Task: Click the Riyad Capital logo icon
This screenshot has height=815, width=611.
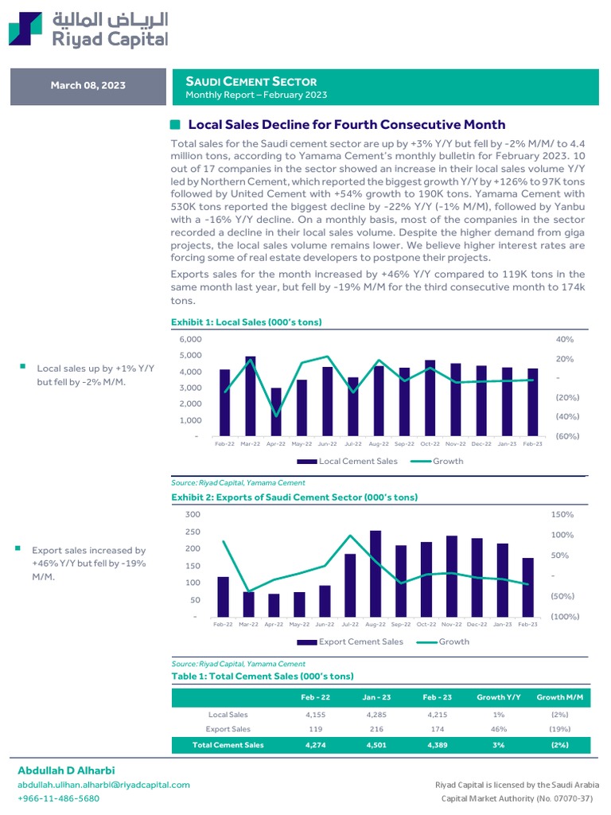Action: pyautogui.click(x=25, y=29)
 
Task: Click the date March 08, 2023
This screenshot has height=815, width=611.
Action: pyautogui.click(x=88, y=86)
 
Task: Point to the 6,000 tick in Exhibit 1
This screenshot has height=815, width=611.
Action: pyautogui.click(x=191, y=339)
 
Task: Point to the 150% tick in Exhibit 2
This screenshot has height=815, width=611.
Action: pyautogui.click(x=562, y=515)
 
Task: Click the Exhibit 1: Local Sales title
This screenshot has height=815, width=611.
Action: pyautogui.click(x=246, y=322)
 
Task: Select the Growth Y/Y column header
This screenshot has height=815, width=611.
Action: pyautogui.click(x=499, y=698)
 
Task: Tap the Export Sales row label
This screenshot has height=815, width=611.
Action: pyautogui.click(x=228, y=729)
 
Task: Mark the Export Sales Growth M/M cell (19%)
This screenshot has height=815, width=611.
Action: pyautogui.click(x=560, y=729)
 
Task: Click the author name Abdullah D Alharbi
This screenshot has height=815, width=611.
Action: pyautogui.click(x=65, y=771)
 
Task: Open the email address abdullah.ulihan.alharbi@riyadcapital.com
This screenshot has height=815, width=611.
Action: pyautogui.click(x=104, y=785)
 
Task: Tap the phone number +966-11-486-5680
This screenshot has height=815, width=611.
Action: pyautogui.click(x=59, y=798)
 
